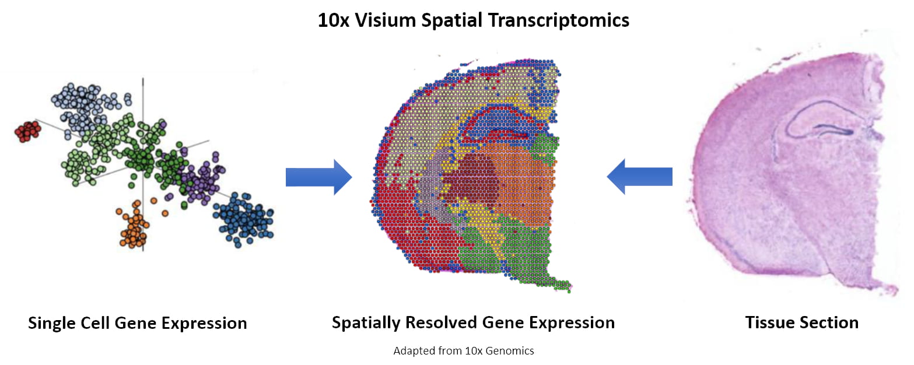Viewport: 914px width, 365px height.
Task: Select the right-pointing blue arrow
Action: point(318,177)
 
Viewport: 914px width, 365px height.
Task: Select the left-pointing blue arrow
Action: point(640,177)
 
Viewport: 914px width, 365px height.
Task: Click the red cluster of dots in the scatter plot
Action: point(27,131)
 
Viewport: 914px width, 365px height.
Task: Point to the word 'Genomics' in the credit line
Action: point(511,351)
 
